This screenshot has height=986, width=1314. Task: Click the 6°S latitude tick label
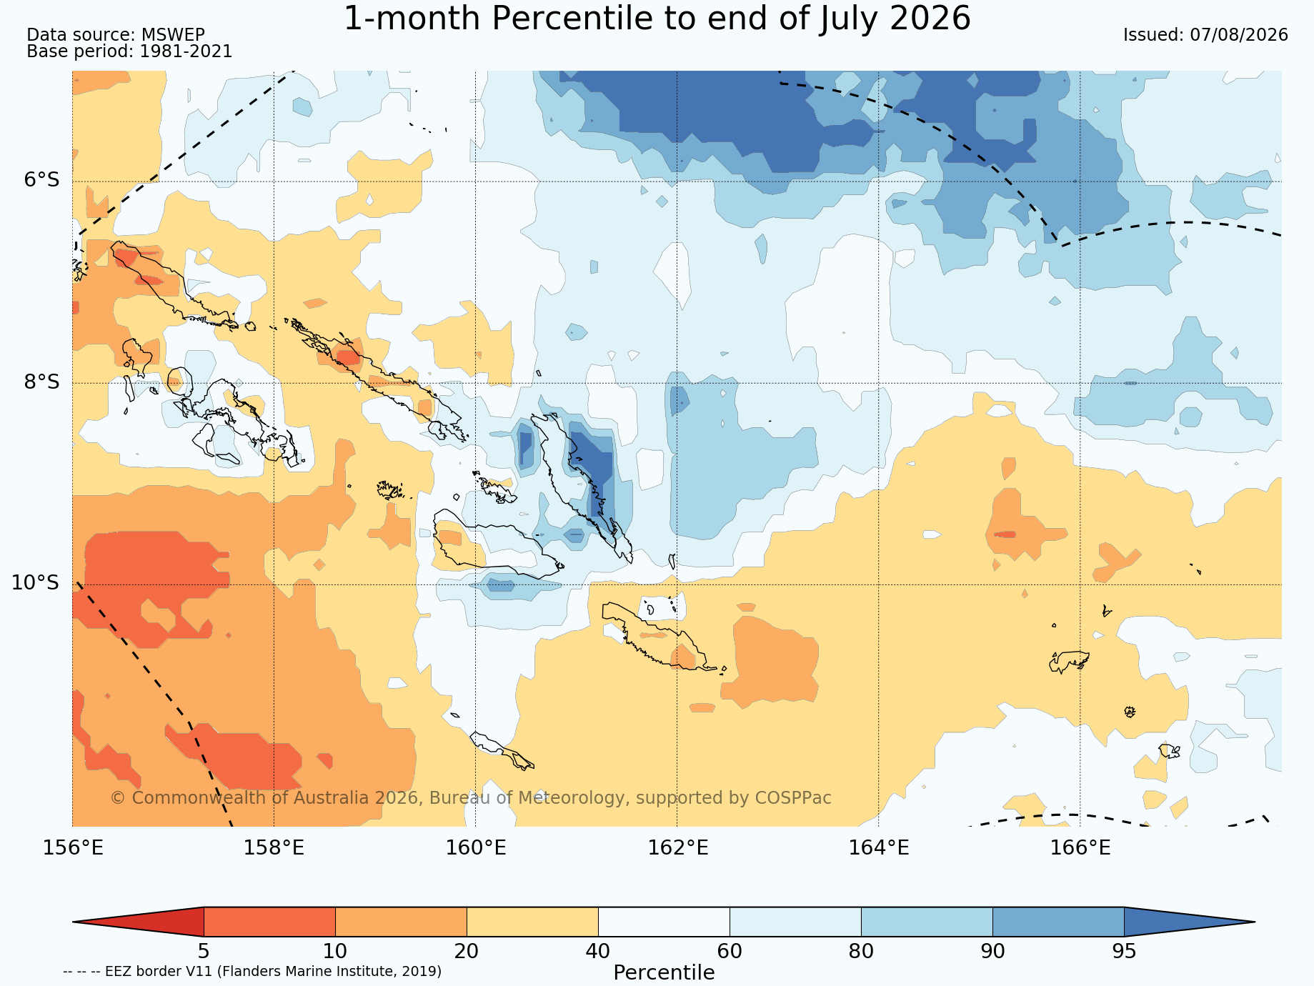tap(42, 180)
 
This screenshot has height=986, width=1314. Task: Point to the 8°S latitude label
tap(42, 382)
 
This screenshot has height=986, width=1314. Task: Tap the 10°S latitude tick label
tap(35, 583)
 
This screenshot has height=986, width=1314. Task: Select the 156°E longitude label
tap(73, 848)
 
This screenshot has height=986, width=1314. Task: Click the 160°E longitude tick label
tap(476, 848)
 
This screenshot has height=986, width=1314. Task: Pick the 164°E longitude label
tap(879, 848)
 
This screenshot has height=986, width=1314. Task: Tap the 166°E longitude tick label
tap(1080, 848)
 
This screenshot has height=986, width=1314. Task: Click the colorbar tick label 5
tap(204, 952)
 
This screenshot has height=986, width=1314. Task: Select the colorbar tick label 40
tap(598, 952)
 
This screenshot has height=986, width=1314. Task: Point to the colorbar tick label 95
tap(1124, 952)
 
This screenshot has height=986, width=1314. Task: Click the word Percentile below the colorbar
tap(664, 973)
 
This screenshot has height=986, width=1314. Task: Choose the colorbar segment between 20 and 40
tap(532, 922)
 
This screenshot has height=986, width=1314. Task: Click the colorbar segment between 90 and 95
tap(1058, 922)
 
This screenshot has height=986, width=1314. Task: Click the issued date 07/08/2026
tap(1239, 35)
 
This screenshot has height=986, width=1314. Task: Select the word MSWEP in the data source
tap(173, 35)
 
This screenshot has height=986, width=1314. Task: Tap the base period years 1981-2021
tap(186, 51)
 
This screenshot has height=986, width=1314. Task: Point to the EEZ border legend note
tap(252, 972)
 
